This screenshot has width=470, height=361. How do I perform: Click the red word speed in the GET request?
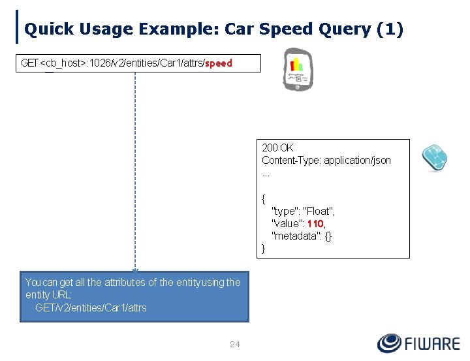[x=219, y=63]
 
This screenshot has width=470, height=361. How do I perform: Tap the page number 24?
[x=235, y=344]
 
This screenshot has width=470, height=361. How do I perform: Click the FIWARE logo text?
[x=432, y=343]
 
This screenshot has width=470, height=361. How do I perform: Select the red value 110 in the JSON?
[x=316, y=223]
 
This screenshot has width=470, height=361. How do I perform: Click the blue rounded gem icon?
[x=434, y=157]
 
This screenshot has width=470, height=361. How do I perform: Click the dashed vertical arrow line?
[x=135, y=170]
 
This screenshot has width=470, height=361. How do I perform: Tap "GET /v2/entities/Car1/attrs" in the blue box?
[x=91, y=307]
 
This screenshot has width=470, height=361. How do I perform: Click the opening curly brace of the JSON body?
[x=264, y=198]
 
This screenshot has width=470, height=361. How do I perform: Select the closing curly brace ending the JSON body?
[x=264, y=248]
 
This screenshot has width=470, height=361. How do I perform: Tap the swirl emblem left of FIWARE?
[x=390, y=343]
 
